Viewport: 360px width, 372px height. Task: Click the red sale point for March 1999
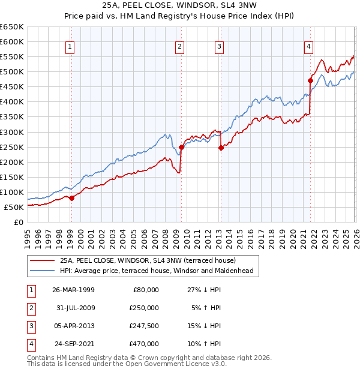(71, 198)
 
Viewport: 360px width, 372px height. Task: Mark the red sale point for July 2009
(181, 147)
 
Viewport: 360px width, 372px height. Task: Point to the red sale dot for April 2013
(220, 148)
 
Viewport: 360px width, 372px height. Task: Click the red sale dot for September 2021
(310, 80)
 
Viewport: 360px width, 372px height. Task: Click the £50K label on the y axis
(14, 207)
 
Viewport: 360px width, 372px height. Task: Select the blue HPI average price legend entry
(157, 271)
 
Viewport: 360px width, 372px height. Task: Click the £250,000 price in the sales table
(144, 308)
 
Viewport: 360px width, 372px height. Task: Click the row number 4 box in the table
(29, 344)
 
